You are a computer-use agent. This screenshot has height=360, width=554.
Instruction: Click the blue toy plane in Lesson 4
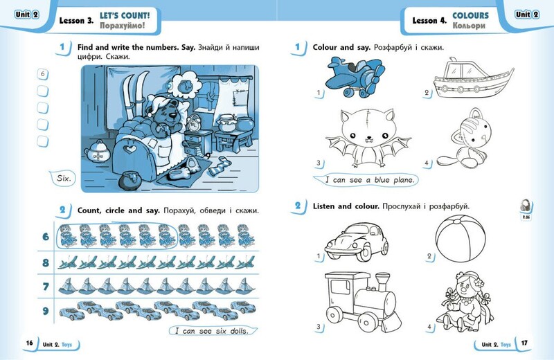click(355, 78)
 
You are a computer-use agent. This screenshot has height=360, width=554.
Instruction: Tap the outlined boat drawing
click(473, 78)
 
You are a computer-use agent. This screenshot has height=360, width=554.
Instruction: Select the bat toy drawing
click(368, 138)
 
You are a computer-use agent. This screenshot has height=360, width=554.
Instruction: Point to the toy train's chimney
click(383, 282)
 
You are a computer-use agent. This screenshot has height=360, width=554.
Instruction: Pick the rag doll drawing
click(466, 301)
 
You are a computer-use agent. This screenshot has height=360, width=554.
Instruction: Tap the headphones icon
click(526, 206)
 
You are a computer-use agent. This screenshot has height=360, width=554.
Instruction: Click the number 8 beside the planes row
click(46, 263)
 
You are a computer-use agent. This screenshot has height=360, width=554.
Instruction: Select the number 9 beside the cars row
click(46, 311)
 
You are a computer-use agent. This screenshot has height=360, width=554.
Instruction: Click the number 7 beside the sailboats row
click(46, 287)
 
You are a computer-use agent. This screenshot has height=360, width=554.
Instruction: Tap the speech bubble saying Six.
click(63, 179)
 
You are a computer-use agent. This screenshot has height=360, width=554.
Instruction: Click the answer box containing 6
click(43, 74)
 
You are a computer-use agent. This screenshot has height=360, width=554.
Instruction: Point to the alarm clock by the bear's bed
click(193, 123)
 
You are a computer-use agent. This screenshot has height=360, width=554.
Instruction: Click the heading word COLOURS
click(471, 15)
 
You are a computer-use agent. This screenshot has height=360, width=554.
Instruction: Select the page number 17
click(524, 343)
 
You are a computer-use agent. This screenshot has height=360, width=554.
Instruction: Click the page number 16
click(29, 343)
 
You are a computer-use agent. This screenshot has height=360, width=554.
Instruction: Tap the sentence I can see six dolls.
click(212, 331)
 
